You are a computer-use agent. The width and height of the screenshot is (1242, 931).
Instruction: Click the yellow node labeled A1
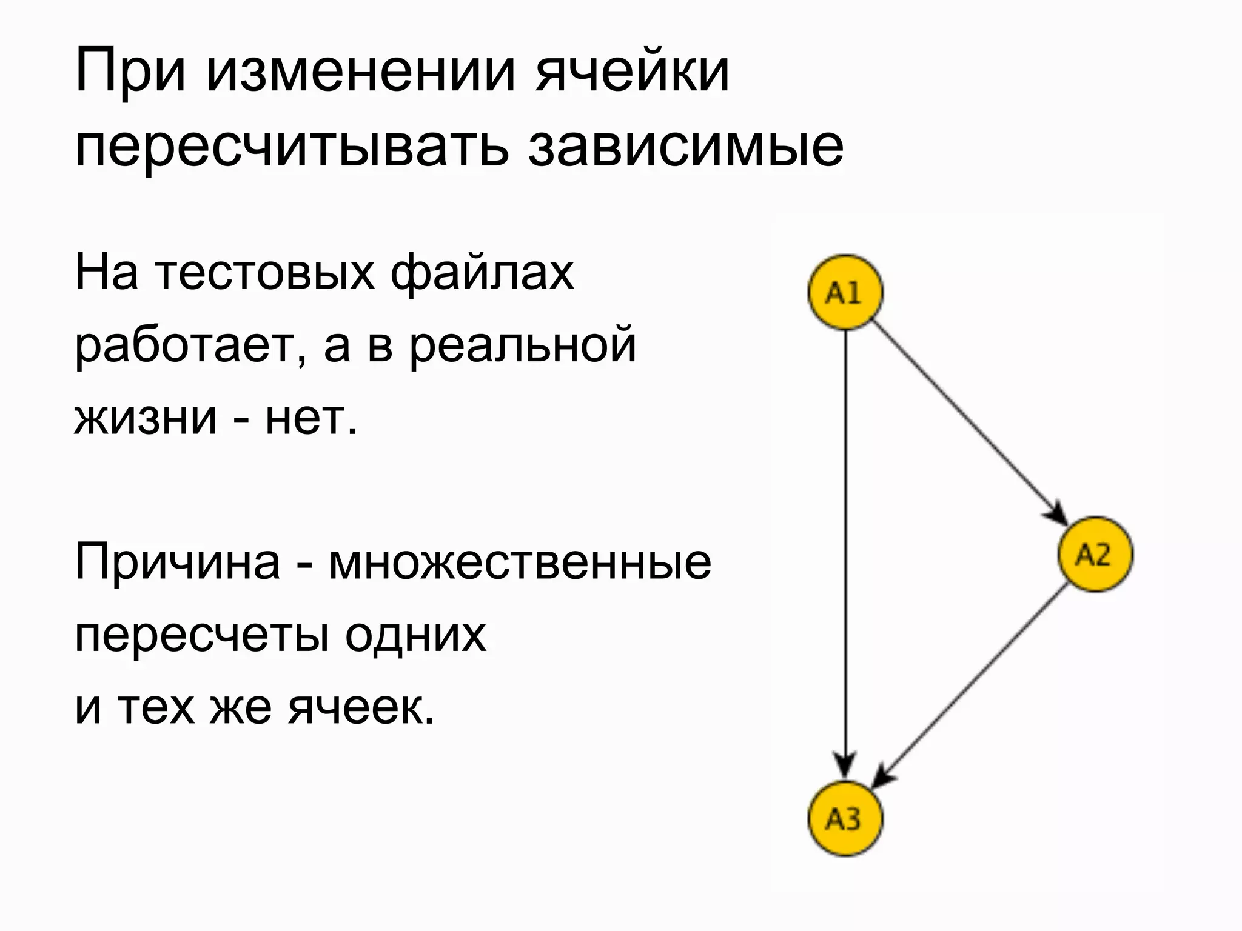(x=845, y=292)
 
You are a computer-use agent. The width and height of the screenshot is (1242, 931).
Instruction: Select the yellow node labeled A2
(x=1095, y=554)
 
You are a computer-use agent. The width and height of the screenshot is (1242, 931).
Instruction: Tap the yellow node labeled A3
(x=845, y=819)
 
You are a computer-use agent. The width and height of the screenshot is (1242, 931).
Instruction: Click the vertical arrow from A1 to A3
(x=845, y=546)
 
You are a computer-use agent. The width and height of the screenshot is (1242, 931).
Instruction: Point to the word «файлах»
(x=482, y=274)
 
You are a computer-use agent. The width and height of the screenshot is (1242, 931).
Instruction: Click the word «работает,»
(x=188, y=346)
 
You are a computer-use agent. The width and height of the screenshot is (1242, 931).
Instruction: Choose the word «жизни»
(x=146, y=418)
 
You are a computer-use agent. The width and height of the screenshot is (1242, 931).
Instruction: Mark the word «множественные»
(x=520, y=562)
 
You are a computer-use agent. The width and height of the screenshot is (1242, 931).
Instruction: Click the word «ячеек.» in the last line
(x=361, y=707)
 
